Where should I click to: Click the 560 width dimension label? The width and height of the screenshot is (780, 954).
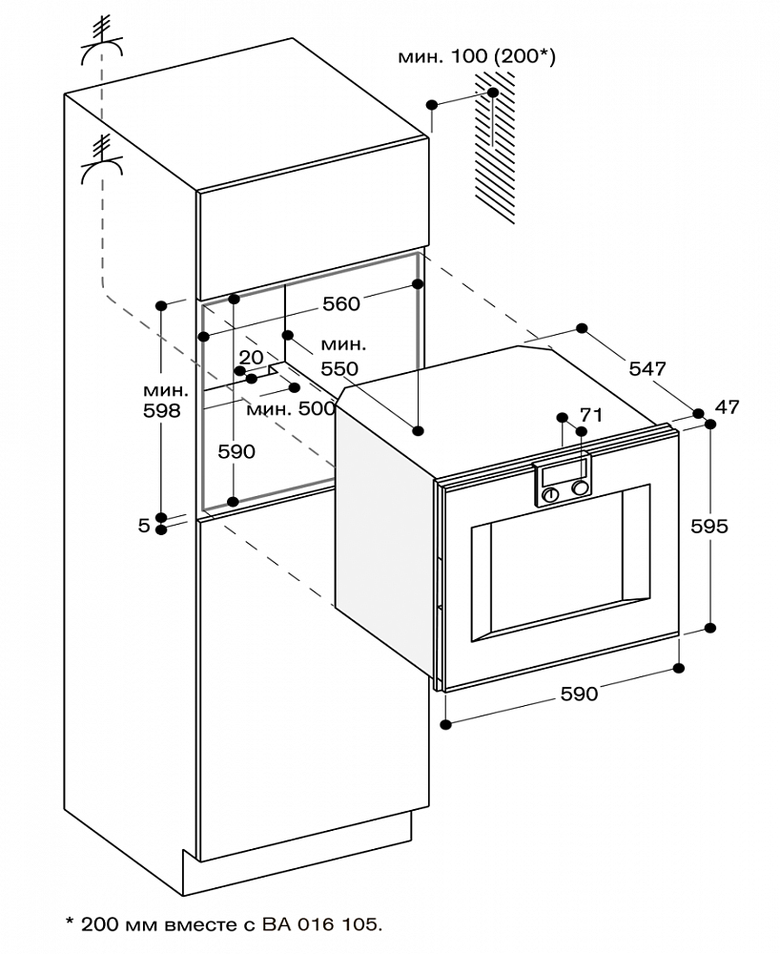coord(341,303)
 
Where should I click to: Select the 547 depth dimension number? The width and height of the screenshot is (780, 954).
coord(647,368)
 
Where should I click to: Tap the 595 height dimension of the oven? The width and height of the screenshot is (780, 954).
coord(709,526)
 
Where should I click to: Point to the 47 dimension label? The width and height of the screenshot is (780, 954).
coord(728,407)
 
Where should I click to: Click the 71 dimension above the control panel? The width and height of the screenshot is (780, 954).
coord(591,415)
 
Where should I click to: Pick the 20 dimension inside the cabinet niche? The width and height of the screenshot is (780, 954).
coord(251,357)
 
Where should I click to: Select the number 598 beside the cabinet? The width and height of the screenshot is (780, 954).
coord(162,410)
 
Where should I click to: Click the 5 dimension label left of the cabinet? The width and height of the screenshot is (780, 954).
coord(143,525)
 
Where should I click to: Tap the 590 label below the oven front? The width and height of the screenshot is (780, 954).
coord(579,694)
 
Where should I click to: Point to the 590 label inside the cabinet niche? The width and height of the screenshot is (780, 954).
coord(237,451)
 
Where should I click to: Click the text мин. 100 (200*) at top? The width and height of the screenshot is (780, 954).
coord(477,56)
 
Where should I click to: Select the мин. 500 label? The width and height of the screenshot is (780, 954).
coord(291,408)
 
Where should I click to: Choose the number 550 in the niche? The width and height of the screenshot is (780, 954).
coord(339,368)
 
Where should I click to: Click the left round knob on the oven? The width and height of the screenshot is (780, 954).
coord(551,494)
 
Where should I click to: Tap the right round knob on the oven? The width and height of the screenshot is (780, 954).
coord(581,487)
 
